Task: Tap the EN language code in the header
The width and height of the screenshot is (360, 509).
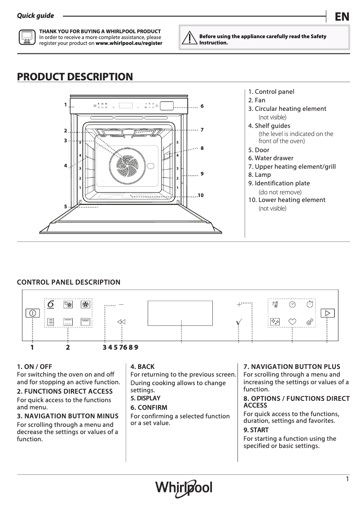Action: [342, 17]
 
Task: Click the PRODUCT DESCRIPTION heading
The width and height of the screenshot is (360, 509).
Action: [75, 77]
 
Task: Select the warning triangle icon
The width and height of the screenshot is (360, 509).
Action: [190, 39]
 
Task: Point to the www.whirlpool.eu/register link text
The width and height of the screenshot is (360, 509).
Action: [129, 44]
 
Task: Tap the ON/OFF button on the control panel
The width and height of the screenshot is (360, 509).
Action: [32, 313]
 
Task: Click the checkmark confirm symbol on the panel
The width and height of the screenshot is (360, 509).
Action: [239, 322]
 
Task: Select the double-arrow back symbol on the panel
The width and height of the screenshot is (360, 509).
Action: [121, 322]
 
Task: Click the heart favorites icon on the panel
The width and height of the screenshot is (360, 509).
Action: [293, 322]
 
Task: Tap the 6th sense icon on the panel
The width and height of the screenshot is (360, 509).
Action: [51, 305]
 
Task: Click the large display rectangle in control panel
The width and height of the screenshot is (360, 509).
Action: [180, 313]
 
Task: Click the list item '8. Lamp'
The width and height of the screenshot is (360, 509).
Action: [263, 175]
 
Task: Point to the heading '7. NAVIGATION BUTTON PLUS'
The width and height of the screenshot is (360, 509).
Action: [292, 367]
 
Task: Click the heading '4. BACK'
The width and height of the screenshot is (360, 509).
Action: [142, 367]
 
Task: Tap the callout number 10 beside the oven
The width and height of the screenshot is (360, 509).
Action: [200, 195]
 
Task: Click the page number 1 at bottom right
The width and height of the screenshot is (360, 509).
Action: [347, 479]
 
